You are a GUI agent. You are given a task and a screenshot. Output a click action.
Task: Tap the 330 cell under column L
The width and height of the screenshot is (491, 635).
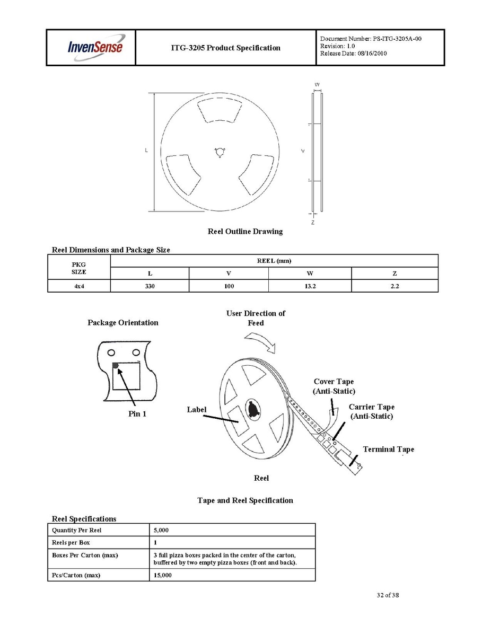150,286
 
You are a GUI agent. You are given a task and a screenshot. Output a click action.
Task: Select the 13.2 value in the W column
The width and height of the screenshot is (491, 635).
310,286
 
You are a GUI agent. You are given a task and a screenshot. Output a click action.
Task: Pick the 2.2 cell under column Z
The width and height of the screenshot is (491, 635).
394,286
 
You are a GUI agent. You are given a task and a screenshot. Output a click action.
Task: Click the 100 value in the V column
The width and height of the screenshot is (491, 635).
229,286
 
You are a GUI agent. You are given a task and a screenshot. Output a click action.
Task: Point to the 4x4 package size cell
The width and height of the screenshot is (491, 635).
78,286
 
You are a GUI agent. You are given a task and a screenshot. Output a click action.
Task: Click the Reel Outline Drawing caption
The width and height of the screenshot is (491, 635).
245,232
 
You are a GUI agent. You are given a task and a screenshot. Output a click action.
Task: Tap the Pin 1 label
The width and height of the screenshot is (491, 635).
137,414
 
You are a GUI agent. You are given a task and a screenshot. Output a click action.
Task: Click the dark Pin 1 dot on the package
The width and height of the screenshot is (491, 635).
116,365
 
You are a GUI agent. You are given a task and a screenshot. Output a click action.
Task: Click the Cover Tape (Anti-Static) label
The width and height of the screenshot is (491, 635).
334,386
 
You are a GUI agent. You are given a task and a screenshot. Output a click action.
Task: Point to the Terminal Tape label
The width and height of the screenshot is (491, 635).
388,449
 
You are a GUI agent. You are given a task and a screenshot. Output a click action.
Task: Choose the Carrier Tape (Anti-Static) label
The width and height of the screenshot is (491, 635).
371,412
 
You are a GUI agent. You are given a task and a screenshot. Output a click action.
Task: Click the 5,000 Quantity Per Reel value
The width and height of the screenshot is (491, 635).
161,530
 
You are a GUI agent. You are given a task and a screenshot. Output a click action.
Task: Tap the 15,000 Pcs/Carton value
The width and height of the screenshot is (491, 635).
163,575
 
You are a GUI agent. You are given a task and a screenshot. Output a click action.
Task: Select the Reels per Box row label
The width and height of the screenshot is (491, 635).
71,543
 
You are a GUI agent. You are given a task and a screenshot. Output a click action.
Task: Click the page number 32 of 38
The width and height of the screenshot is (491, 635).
388,595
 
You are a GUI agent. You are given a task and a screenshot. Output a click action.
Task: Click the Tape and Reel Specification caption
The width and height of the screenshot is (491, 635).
245,500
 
